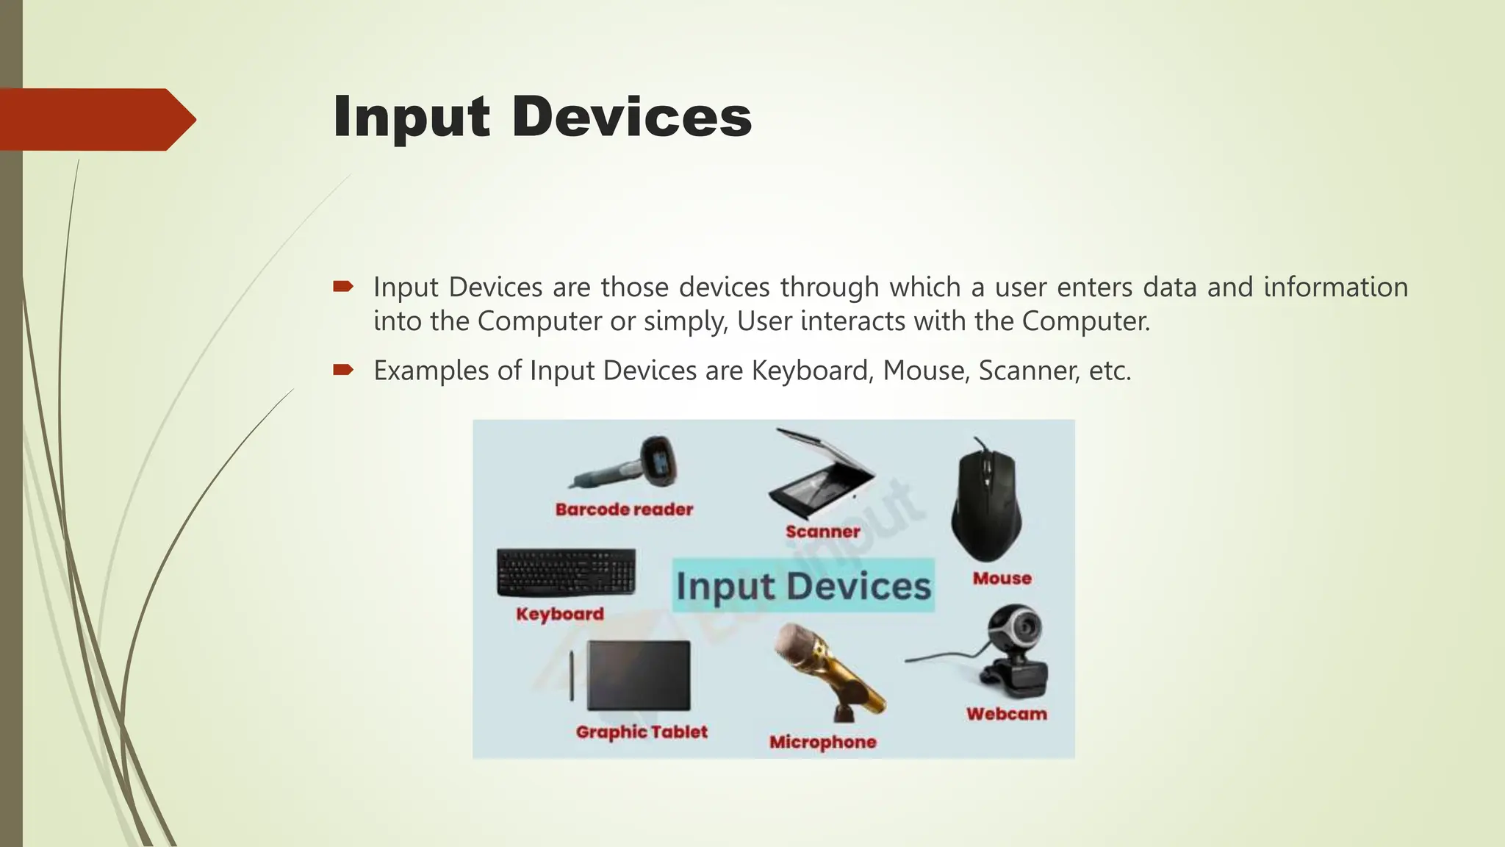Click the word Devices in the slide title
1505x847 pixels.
pos(631,118)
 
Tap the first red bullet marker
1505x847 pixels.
pos(343,286)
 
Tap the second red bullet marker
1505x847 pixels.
pos(343,369)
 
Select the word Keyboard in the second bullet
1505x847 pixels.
pos(811,371)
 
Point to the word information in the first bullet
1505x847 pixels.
pos(1335,287)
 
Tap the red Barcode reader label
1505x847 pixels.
pos(624,510)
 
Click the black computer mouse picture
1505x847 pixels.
pos(985,500)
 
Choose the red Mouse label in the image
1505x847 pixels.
pos(1002,579)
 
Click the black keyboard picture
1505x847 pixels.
pos(566,572)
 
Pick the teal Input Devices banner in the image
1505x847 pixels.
pos(803,586)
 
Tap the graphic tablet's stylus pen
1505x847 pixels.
pos(572,675)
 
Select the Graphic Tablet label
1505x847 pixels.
pos(642,732)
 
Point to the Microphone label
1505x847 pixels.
pos(822,743)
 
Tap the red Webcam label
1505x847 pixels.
pos(1006,714)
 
